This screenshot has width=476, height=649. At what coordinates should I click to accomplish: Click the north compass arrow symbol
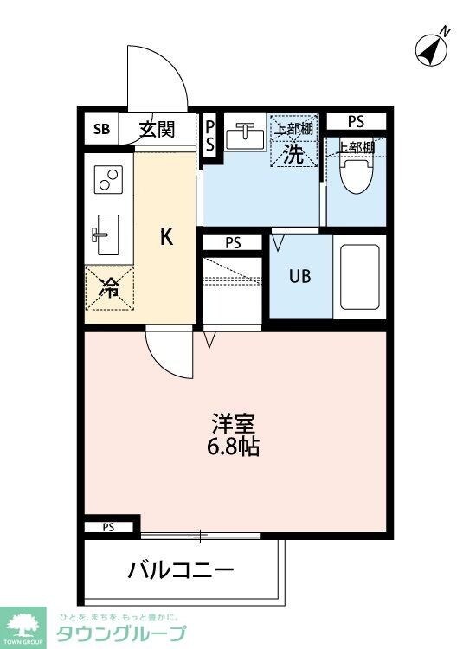430,48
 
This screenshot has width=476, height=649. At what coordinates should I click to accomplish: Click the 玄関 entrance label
157,130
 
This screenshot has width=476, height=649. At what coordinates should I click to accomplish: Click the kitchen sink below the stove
107,233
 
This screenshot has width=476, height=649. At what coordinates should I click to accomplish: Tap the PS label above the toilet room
356,120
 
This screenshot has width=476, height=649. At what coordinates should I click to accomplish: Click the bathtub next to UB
359,277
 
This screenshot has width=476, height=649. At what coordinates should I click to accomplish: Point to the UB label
299,277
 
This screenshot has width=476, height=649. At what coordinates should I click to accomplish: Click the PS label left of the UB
232,242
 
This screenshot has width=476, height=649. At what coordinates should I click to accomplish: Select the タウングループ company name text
121,633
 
